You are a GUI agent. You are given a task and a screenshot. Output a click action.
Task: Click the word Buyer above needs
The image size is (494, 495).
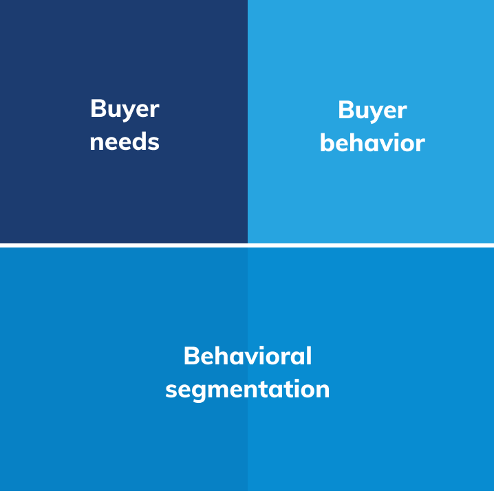[125, 109]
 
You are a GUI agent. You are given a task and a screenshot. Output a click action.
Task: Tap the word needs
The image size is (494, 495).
[125, 142]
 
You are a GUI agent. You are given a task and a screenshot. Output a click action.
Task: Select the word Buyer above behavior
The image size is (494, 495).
[372, 110]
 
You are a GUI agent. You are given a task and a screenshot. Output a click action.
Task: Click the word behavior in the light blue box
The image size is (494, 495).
[372, 143]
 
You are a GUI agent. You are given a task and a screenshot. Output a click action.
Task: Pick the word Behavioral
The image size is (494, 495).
[248, 356]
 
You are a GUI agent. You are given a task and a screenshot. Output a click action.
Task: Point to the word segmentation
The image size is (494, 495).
[248, 389]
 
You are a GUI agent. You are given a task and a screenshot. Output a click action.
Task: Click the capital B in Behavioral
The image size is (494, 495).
[192, 356]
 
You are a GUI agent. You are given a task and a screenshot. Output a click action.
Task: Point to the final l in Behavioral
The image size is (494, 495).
[309, 355]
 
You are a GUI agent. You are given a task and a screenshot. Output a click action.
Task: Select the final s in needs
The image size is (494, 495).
[154, 142]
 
